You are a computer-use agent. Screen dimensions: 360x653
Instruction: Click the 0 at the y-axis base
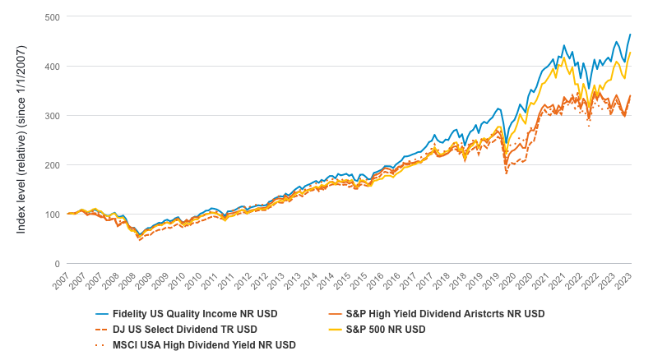pyautogui.click(x=55, y=264)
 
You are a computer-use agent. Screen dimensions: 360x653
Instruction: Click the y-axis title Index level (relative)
pyautogui.click(x=21, y=140)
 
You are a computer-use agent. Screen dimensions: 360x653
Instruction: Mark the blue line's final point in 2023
pyautogui.click(x=631, y=35)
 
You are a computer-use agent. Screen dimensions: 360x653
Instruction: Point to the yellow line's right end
pyautogui.click(x=631, y=53)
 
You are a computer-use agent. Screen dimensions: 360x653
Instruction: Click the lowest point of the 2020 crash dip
pyautogui.click(x=506, y=173)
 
